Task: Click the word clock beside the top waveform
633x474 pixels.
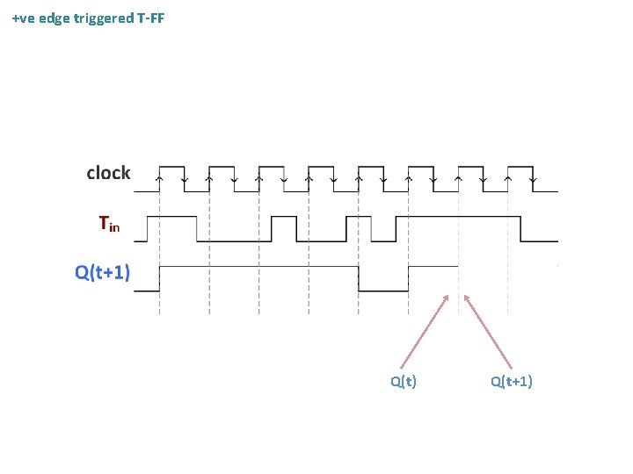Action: click(x=108, y=173)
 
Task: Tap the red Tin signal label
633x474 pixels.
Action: click(x=109, y=225)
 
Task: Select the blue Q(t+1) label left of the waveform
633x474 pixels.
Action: click(x=102, y=272)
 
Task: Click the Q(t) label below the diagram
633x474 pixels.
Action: click(x=404, y=381)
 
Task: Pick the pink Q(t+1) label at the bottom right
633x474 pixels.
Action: click(x=512, y=381)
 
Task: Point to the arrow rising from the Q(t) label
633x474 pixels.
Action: click(x=426, y=330)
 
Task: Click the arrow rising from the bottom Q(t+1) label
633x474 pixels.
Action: click(x=488, y=330)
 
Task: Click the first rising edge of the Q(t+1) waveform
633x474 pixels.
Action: click(x=158, y=278)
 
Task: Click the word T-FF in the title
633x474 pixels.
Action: click(x=149, y=18)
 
